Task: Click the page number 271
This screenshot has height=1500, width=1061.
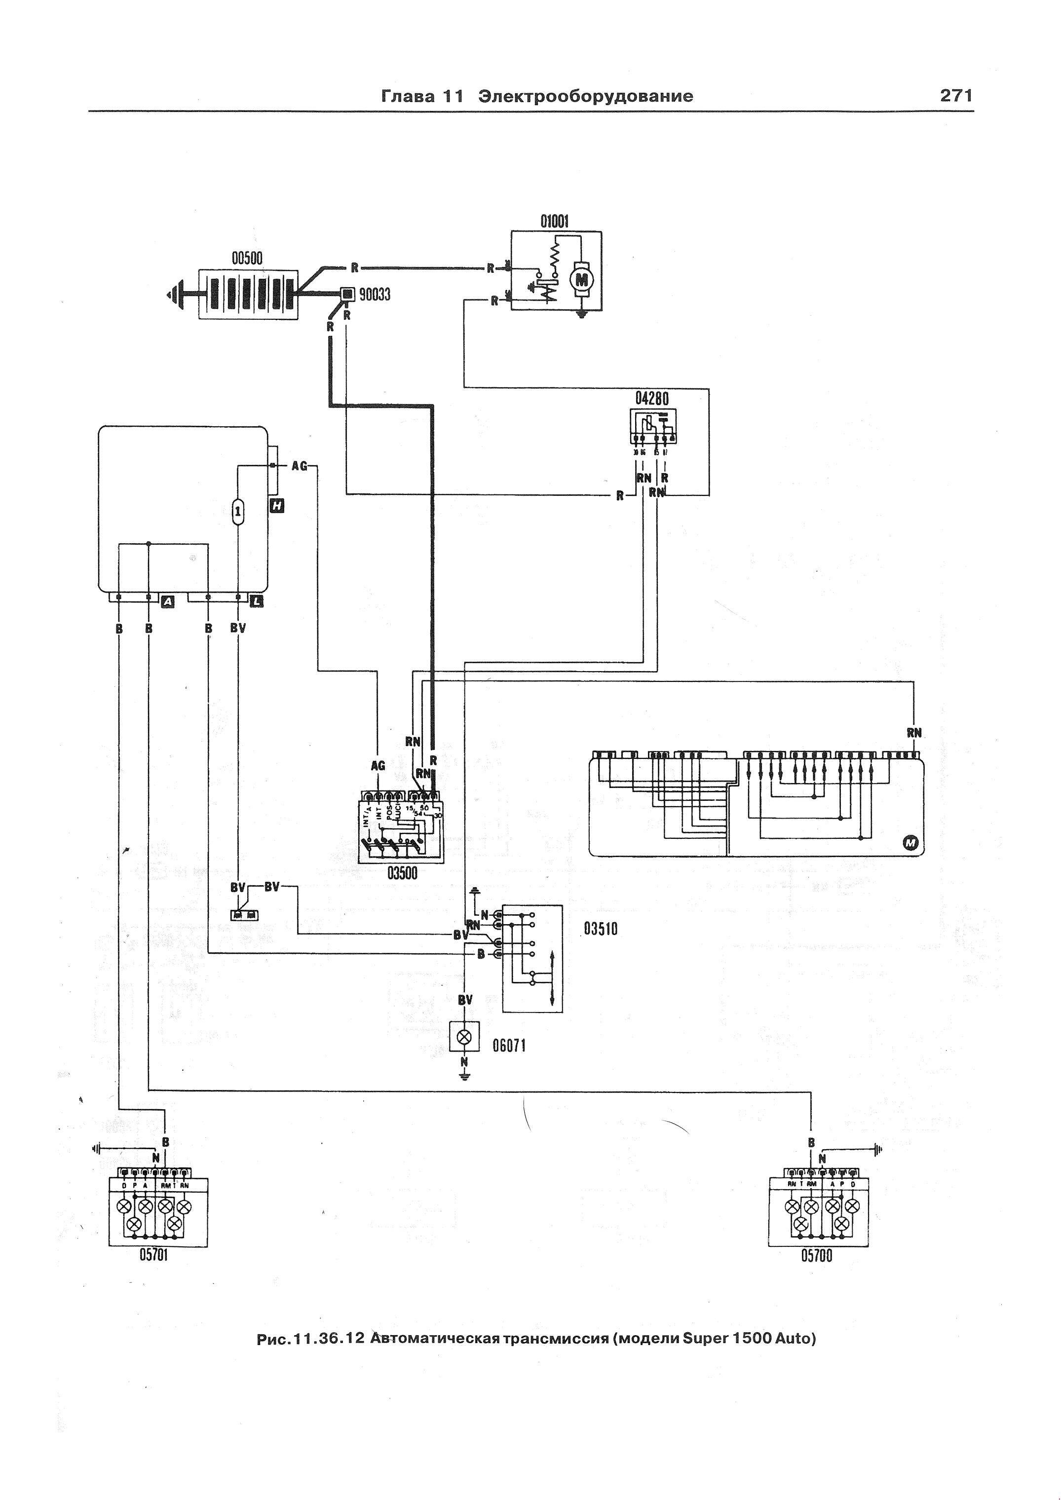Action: [x=956, y=96]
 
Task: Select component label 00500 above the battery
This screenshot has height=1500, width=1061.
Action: [x=247, y=259]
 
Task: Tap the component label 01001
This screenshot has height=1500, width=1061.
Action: [x=554, y=222]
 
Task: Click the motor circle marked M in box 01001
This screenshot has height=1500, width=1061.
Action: [x=579, y=279]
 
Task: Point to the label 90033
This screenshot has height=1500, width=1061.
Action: [x=375, y=295]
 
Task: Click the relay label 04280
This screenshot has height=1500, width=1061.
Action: [x=652, y=398]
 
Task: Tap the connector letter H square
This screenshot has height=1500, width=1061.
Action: [x=277, y=506]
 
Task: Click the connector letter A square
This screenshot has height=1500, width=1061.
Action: [x=168, y=601]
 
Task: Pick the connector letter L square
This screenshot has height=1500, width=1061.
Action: [x=257, y=601]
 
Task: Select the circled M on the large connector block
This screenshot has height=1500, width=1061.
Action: [x=911, y=845]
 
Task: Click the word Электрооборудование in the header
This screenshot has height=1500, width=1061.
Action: [x=585, y=97]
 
